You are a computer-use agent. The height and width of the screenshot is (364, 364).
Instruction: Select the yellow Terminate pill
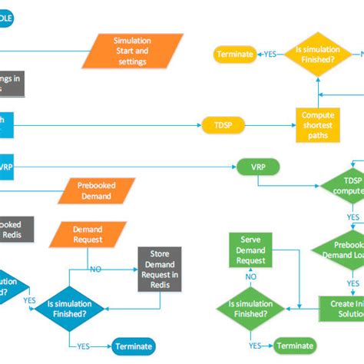pyautogui.click(x=235, y=55)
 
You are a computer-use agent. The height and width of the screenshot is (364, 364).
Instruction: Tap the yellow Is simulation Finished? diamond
pyautogui.click(x=316, y=55)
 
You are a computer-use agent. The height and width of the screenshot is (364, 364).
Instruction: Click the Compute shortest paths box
pyautogui.click(x=316, y=125)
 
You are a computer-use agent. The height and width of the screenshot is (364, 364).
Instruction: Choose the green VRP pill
pyautogui.click(x=257, y=167)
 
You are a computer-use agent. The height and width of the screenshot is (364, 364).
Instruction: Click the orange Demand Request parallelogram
pyautogui.click(x=87, y=234)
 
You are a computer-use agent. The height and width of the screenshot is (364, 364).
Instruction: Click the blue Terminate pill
pyautogui.click(x=134, y=346)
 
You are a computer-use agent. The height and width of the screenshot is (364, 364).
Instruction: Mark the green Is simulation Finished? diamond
pyautogui.click(x=251, y=309)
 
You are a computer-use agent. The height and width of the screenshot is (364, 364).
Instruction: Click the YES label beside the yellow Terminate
pyautogui.click(x=270, y=55)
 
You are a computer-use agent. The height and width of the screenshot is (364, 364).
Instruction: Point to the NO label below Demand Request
pyautogui.click(x=95, y=270)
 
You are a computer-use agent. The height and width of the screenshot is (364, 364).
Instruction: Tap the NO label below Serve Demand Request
pyautogui.click(x=251, y=277)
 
